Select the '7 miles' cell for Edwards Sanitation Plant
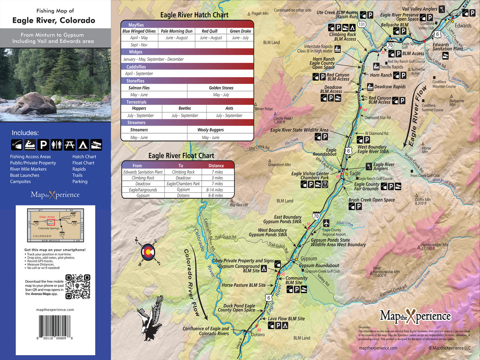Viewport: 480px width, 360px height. pos(217,172)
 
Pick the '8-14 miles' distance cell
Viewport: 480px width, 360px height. pos(217,190)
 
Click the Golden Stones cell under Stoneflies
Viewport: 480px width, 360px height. pos(221,88)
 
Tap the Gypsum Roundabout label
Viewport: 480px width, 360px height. pos(319,266)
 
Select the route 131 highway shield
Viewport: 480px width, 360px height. pos(362,24)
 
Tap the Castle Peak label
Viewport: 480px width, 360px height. pos(283,118)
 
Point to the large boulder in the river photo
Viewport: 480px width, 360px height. pos(33,103)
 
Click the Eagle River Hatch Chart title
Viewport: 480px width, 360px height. pos(194,15)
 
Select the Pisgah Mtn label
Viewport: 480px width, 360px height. pos(260,13)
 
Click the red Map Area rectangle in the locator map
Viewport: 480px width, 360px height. pos(51,222)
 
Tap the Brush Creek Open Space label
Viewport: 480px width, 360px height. pos(372,200)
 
